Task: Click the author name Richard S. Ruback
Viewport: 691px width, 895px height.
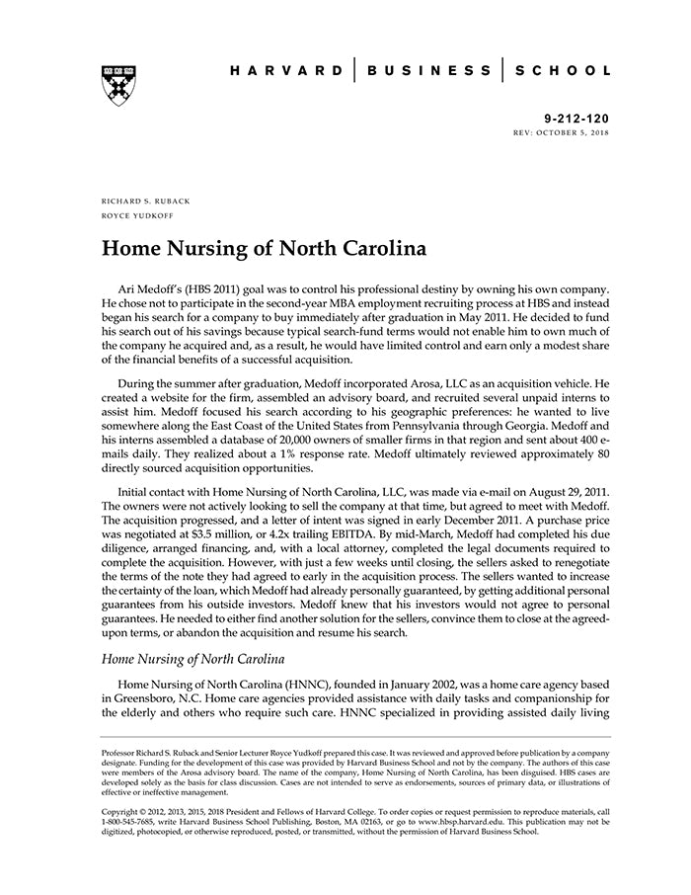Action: [146, 201]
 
